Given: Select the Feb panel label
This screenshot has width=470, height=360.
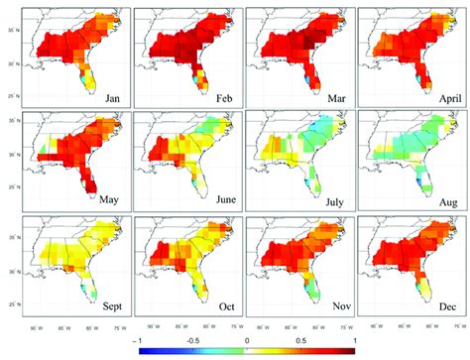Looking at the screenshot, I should click(x=224, y=96).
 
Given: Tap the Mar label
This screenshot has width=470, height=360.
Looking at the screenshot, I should click(x=335, y=96).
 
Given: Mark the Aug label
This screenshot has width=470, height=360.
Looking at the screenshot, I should click(x=443, y=200).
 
